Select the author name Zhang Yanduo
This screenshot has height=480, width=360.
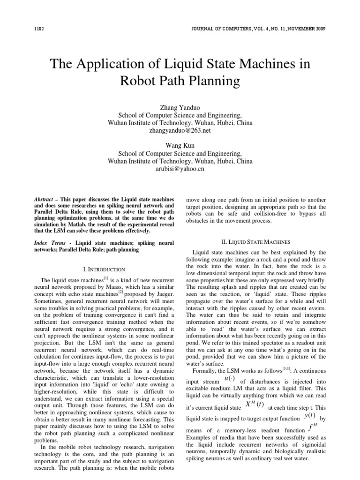click(x=180, y=107)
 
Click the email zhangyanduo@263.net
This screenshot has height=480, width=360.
click(x=180, y=133)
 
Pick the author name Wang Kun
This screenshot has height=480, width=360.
click(x=180, y=144)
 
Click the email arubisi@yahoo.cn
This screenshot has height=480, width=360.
click(x=180, y=170)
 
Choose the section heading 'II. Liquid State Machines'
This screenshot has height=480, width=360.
click(x=256, y=242)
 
